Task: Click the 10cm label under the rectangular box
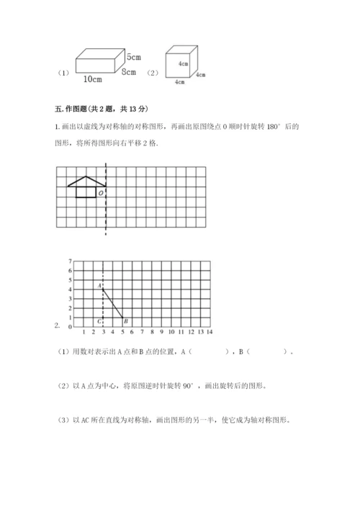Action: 91,78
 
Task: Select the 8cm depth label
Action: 130,72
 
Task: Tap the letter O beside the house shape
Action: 100,193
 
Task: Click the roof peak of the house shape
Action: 86,177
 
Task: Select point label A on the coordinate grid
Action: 99,286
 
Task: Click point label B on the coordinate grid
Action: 125,321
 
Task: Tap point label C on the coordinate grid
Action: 99,321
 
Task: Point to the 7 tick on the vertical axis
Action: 69,261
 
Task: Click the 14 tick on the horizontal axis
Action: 209,332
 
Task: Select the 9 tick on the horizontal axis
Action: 161,332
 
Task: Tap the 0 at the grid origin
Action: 69,327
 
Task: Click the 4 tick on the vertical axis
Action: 69,289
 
